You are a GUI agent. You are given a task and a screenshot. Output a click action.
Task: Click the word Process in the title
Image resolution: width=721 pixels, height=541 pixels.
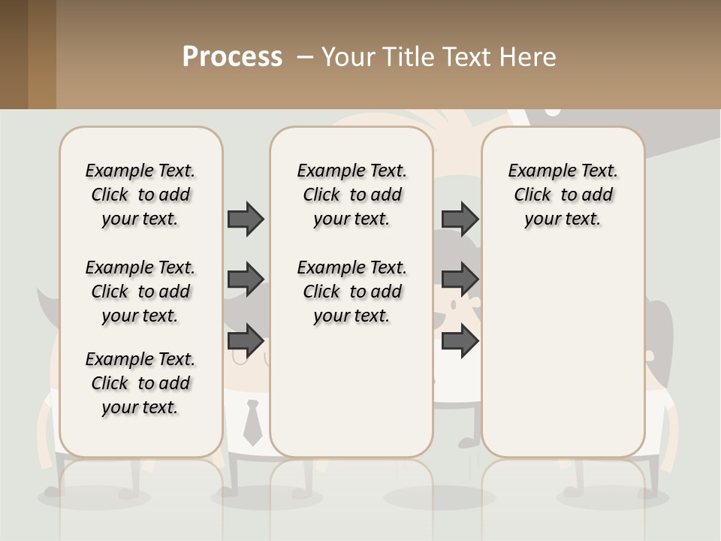(x=232, y=57)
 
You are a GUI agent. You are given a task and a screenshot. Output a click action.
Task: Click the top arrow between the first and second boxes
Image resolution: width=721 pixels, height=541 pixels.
(x=246, y=219)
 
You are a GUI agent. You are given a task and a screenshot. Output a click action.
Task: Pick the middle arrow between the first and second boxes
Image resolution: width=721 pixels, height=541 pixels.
(x=246, y=280)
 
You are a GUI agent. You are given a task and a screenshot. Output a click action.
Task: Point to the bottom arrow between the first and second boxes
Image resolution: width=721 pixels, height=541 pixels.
(x=246, y=341)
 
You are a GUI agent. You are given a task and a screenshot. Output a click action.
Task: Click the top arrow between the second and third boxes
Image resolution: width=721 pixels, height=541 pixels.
(x=460, y=219)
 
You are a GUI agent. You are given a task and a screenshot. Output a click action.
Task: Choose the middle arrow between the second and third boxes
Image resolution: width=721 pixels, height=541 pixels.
(x=460, y=280)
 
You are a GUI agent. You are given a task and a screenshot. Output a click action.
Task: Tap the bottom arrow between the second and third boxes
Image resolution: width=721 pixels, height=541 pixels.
(x=460, y=341)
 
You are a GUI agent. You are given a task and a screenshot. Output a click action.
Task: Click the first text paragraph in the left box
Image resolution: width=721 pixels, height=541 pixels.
(x=140, y=195)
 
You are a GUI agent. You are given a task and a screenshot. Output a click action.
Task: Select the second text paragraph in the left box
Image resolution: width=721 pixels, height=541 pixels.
(x=140, y=292)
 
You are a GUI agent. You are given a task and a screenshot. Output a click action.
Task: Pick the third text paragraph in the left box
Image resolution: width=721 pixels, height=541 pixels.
(x=140, y=383)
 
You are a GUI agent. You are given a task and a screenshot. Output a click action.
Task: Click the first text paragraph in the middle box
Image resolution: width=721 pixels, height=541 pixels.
(x=352, y=195)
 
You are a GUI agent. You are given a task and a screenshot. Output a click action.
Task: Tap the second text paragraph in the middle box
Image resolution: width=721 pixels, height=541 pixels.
(x=352, y=292)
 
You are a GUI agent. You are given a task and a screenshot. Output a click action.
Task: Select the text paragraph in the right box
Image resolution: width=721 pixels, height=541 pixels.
(x=563, y=195)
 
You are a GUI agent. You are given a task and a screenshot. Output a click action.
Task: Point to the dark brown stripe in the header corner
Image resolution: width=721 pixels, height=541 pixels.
(x=14, y=54)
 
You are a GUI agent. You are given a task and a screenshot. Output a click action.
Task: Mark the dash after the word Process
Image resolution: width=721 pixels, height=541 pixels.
(x=305, y=57)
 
